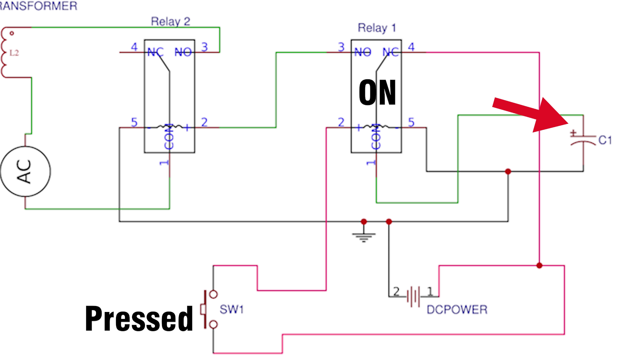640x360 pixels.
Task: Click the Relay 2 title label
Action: [170, 22]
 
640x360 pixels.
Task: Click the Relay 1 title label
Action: [377, 28]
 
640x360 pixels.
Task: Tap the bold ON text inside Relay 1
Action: [377, 93]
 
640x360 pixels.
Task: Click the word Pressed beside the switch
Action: [139, 318]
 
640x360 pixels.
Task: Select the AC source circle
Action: [25, 171]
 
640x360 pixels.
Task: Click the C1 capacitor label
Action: [605, 140]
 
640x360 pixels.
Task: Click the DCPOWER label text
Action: [457, 310]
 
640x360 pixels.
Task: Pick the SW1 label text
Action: [232, 309]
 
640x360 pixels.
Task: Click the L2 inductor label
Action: [14, 53]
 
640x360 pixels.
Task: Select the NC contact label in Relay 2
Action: [155, 52]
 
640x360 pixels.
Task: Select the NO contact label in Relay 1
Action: [363, 52]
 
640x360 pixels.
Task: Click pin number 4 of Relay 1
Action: [411, 47]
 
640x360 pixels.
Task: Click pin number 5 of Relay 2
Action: [134, 122]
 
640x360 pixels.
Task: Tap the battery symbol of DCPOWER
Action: [413, 296]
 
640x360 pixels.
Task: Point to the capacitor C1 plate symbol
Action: [583, 140]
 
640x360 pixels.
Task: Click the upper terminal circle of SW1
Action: [213, 294]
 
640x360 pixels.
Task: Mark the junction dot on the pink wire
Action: [539, 266]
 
